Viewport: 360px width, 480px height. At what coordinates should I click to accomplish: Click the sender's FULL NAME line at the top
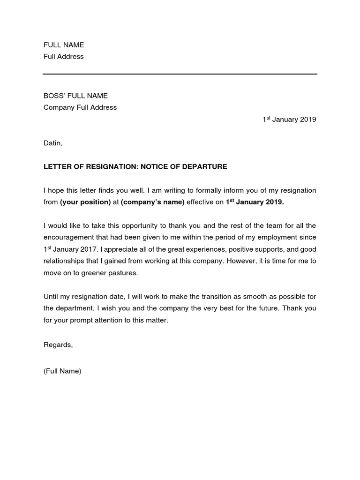[64, 45]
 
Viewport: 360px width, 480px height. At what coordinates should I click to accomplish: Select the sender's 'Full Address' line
[64, 57]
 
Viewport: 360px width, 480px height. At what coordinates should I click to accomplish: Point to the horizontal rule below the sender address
[180, 74]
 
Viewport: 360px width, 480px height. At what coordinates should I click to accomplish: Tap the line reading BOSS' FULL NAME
[75, 96]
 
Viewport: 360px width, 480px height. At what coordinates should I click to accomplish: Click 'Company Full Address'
[80, 107]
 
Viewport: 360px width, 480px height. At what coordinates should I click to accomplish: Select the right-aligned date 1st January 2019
[289, 120]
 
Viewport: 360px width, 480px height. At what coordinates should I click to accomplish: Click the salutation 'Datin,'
[53, 143]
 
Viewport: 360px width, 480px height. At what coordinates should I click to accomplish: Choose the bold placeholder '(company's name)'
[153, 202]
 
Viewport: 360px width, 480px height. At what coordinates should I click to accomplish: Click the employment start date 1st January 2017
[68, 249]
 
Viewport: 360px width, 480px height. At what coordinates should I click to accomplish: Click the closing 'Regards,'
[58, 345]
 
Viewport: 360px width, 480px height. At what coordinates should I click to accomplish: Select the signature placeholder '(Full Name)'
[62, 371]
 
